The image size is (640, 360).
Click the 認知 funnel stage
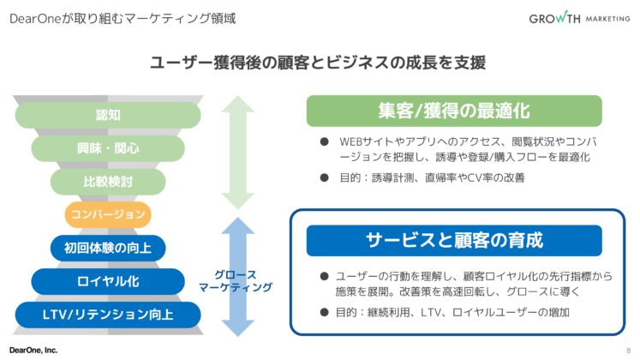tap(108, 115)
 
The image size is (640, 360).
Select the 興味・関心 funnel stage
tap(108, 148)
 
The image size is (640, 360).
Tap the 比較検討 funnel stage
tap(108, 182)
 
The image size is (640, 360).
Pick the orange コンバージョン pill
tap(108, 214)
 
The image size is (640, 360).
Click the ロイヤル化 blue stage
tap(108, 281)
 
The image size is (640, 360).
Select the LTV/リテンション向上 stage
tap(108, 315)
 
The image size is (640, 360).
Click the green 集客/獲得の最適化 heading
tap(454, 111)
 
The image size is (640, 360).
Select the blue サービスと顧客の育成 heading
tap(454, 240)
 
